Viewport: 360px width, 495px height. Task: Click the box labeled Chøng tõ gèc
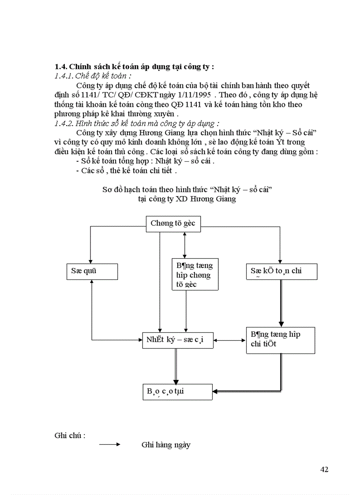coord(173,223)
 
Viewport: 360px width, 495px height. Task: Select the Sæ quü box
coord(92,271)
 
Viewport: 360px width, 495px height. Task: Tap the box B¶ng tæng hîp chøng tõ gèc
coord(194,275)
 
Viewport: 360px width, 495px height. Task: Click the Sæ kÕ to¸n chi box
coord(281,271)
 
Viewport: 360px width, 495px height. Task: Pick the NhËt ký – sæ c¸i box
coord(178,340)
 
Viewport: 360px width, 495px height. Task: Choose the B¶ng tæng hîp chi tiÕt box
coord(280,340)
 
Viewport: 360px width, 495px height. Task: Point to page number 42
coord(324,469)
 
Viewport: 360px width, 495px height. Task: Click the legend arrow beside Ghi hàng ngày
coord(109,445)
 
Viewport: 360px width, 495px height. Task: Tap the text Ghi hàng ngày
coord(166,445)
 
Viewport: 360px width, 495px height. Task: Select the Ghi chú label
coord(70,435)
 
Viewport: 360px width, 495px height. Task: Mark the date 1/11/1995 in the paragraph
coord(193,95)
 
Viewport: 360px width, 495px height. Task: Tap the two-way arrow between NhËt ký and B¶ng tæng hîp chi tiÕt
coord(229,340)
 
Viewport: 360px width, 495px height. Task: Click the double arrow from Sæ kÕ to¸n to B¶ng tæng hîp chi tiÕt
coord(281,303)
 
